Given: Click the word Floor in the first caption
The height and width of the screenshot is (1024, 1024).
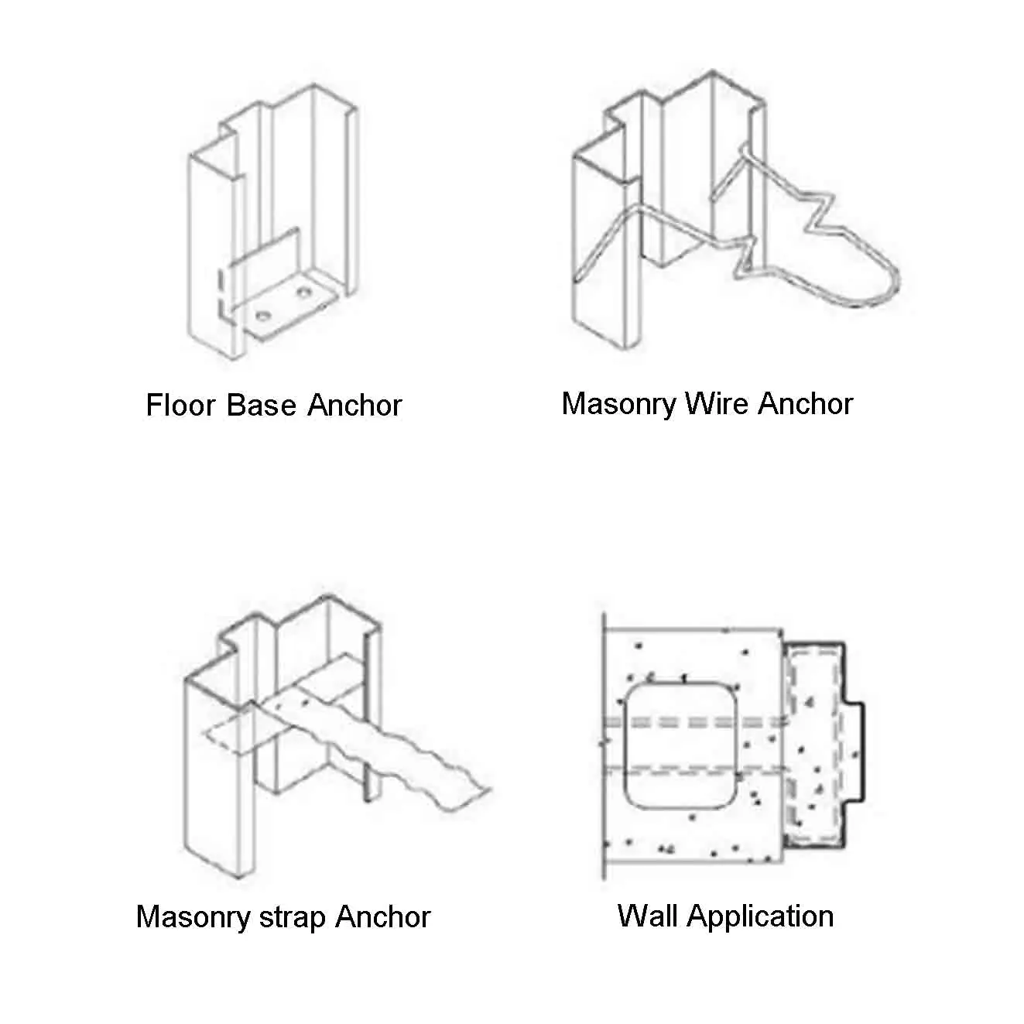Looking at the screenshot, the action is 180,405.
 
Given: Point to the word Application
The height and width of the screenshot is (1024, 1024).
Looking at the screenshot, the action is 760,916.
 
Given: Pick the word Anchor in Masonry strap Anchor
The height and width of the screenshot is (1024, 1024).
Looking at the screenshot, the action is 382,916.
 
